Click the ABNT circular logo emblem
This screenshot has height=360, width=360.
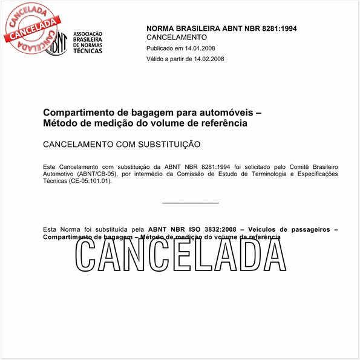56,42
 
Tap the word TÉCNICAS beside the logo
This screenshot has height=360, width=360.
88,51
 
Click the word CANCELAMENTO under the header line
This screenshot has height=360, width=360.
172,38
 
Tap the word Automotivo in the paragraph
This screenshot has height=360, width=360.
59,174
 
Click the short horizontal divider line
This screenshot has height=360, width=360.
191,203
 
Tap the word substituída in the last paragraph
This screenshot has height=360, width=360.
111,229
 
